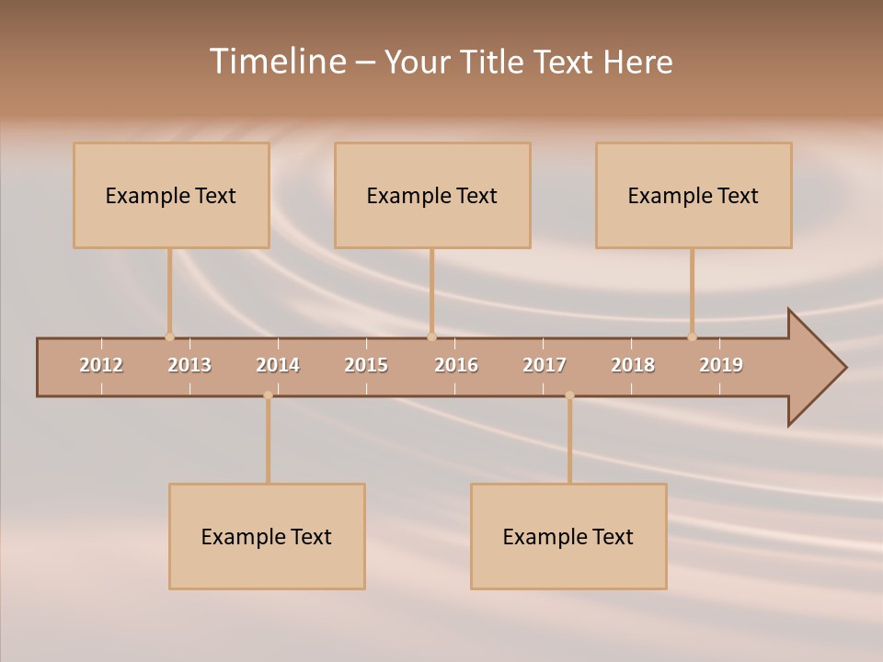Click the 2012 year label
click(x=101, y=365)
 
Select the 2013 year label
click(x=189, y=365)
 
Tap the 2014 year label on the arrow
click(x=278, y=365)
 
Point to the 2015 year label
click(x=366, y=365)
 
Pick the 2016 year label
click(x=456, y=365)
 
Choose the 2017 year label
click(x=545, y=365)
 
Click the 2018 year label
click(x=633, y=365)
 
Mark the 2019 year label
click(x=721, y=365)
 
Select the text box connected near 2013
click(x=171, y=195)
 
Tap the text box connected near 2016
click(x=432, y=195)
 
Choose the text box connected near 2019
click(x=694, y=195)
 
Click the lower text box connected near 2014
click(x=267, y=536)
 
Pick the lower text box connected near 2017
click(x=568, y=536)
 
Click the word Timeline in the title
click(x=277, y=62)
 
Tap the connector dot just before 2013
click(x=169, y=337)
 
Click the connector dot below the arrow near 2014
click(x=268, y=395)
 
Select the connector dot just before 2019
click(x=692, y=337)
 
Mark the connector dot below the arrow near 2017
click(x=569, y=395)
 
